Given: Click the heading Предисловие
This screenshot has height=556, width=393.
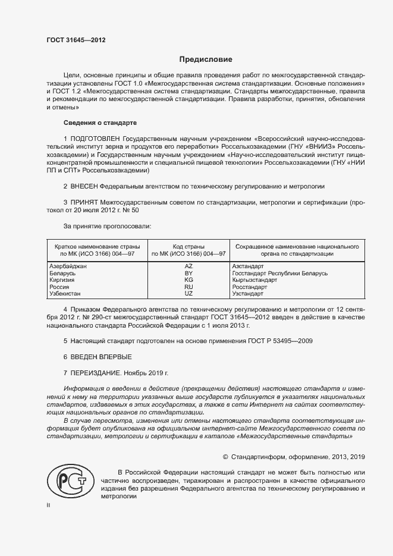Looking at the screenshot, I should coord(206,59).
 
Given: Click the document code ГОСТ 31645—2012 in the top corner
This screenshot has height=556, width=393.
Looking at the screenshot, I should coord(76,40).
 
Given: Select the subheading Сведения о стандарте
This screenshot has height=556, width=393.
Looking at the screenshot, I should coord(100,122).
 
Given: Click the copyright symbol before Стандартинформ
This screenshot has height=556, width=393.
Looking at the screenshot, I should coord(225,457).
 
